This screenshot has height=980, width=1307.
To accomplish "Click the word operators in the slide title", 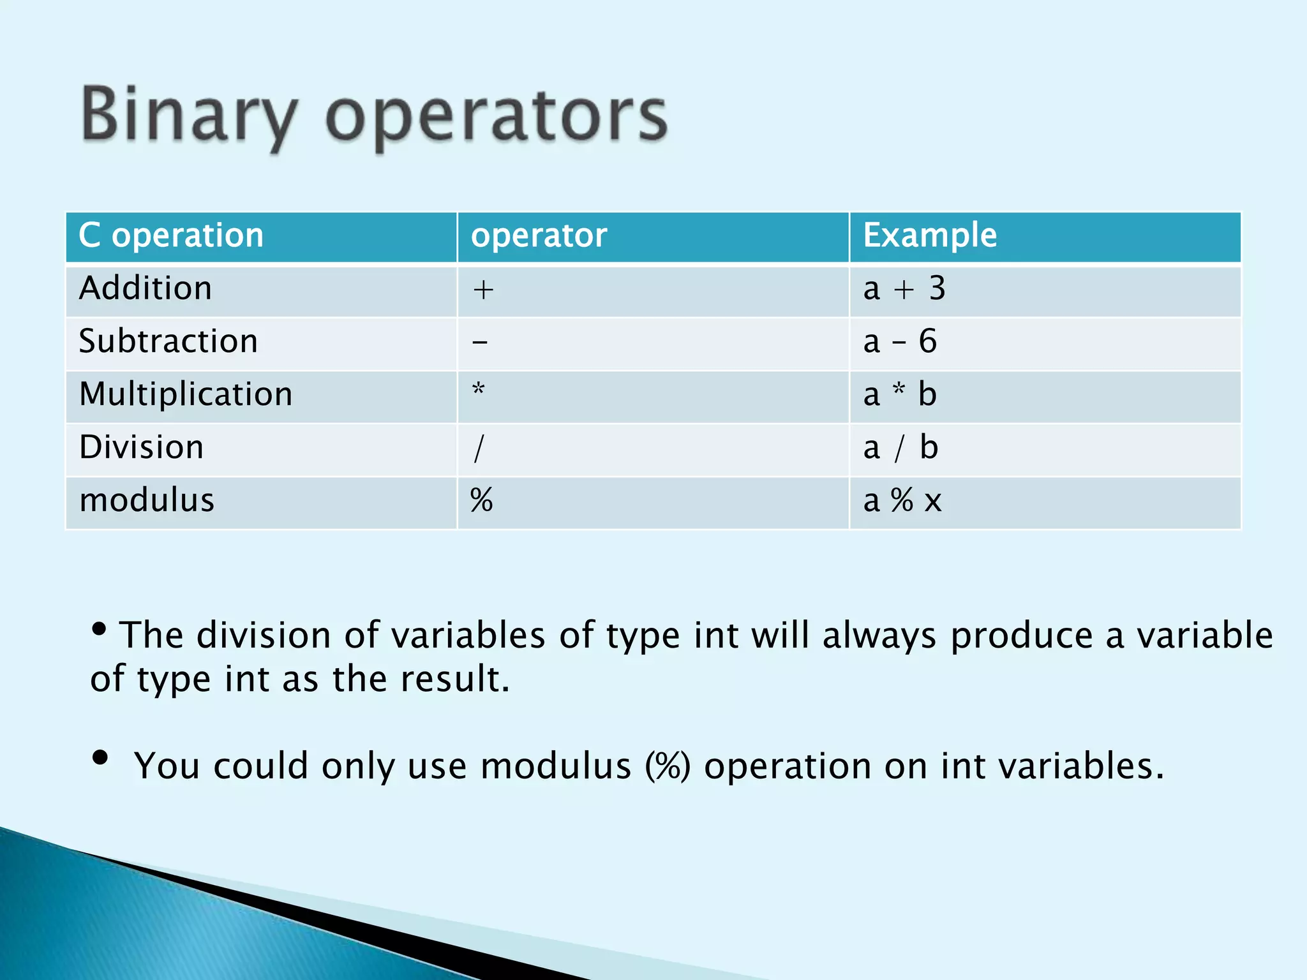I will [x=497, y=118].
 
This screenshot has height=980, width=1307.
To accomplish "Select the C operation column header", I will [x=171, y=235].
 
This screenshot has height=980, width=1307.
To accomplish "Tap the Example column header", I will [x=929, y=235].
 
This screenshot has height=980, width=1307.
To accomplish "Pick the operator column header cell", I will [x=539, y=235].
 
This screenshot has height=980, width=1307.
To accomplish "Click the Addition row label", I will [x=146, y=288].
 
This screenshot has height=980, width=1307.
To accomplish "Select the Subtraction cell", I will [x=168, y=341].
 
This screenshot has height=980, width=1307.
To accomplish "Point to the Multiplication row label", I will [x=186, y=394].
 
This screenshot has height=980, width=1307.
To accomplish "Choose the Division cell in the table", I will [x=142, y=447].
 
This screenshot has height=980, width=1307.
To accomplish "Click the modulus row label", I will [x=147, y=500].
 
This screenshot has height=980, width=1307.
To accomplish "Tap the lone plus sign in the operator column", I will [x=483, y=290].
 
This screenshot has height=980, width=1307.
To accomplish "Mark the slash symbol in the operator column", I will [x=479, y=448].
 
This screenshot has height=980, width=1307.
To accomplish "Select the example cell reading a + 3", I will [x=904, y=289].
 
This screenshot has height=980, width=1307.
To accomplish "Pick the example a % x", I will [x=902, y=501].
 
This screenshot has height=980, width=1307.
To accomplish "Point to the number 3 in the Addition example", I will [x=937, y=289].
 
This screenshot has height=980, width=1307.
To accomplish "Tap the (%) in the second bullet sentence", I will [x=668, y=766].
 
